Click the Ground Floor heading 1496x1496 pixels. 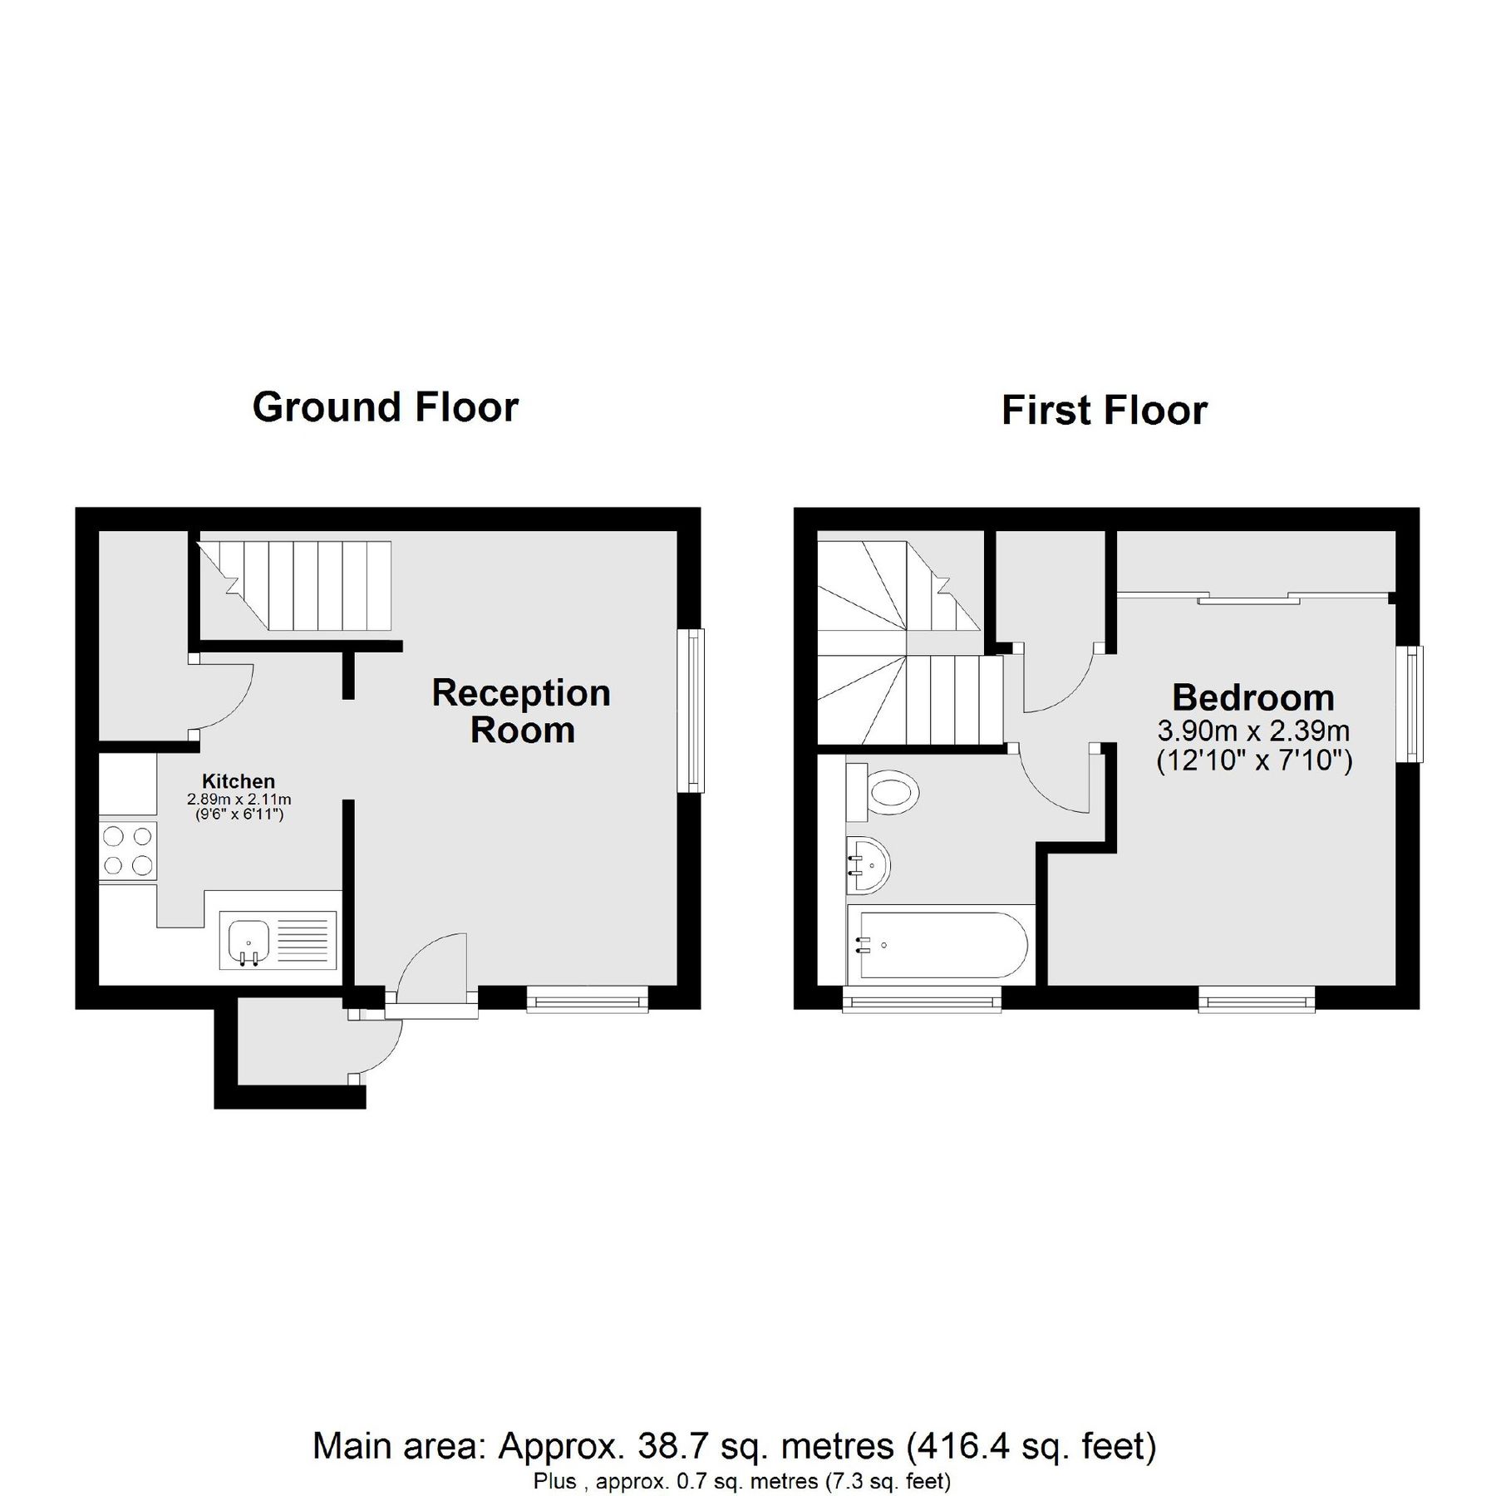[x=385, y=407]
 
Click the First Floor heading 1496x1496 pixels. [x=1104, y=411]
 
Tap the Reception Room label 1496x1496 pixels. [x=521, y=711]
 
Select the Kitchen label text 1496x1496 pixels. [x=239, y=781]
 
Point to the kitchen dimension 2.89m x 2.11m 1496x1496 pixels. [x=239, y=800]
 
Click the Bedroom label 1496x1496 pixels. [x=1252, y=697]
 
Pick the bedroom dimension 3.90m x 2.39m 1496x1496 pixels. [x=1252, y=731]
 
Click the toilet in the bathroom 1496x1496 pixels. [x=888, y=791]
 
